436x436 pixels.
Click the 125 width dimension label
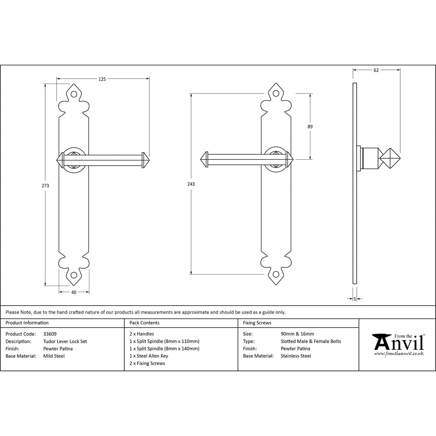(102, 79)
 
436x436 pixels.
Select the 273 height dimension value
(45, 186)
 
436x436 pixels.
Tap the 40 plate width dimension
(74, 292)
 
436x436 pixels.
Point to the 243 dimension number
(191, 184)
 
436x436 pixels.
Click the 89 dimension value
(310, 126)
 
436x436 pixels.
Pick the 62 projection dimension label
(376, 70)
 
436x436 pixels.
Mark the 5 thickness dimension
(355, 299)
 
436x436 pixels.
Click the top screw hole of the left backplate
(74, 94)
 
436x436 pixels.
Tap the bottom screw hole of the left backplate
(74, 275)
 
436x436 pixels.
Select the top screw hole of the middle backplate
(276, 93)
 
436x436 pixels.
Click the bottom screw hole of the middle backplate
(276, 275)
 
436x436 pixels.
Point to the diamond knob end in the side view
(390, 158)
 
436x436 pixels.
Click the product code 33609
(50, 334)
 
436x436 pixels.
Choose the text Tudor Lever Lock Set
(65, 341)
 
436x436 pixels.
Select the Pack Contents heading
(144, 323)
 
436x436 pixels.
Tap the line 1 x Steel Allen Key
(149, 356)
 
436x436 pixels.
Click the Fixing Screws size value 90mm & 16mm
(297, 334)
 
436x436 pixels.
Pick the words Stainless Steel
(296, 356)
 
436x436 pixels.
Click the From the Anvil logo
(399, 344)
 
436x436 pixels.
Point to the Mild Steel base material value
(54, 356)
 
